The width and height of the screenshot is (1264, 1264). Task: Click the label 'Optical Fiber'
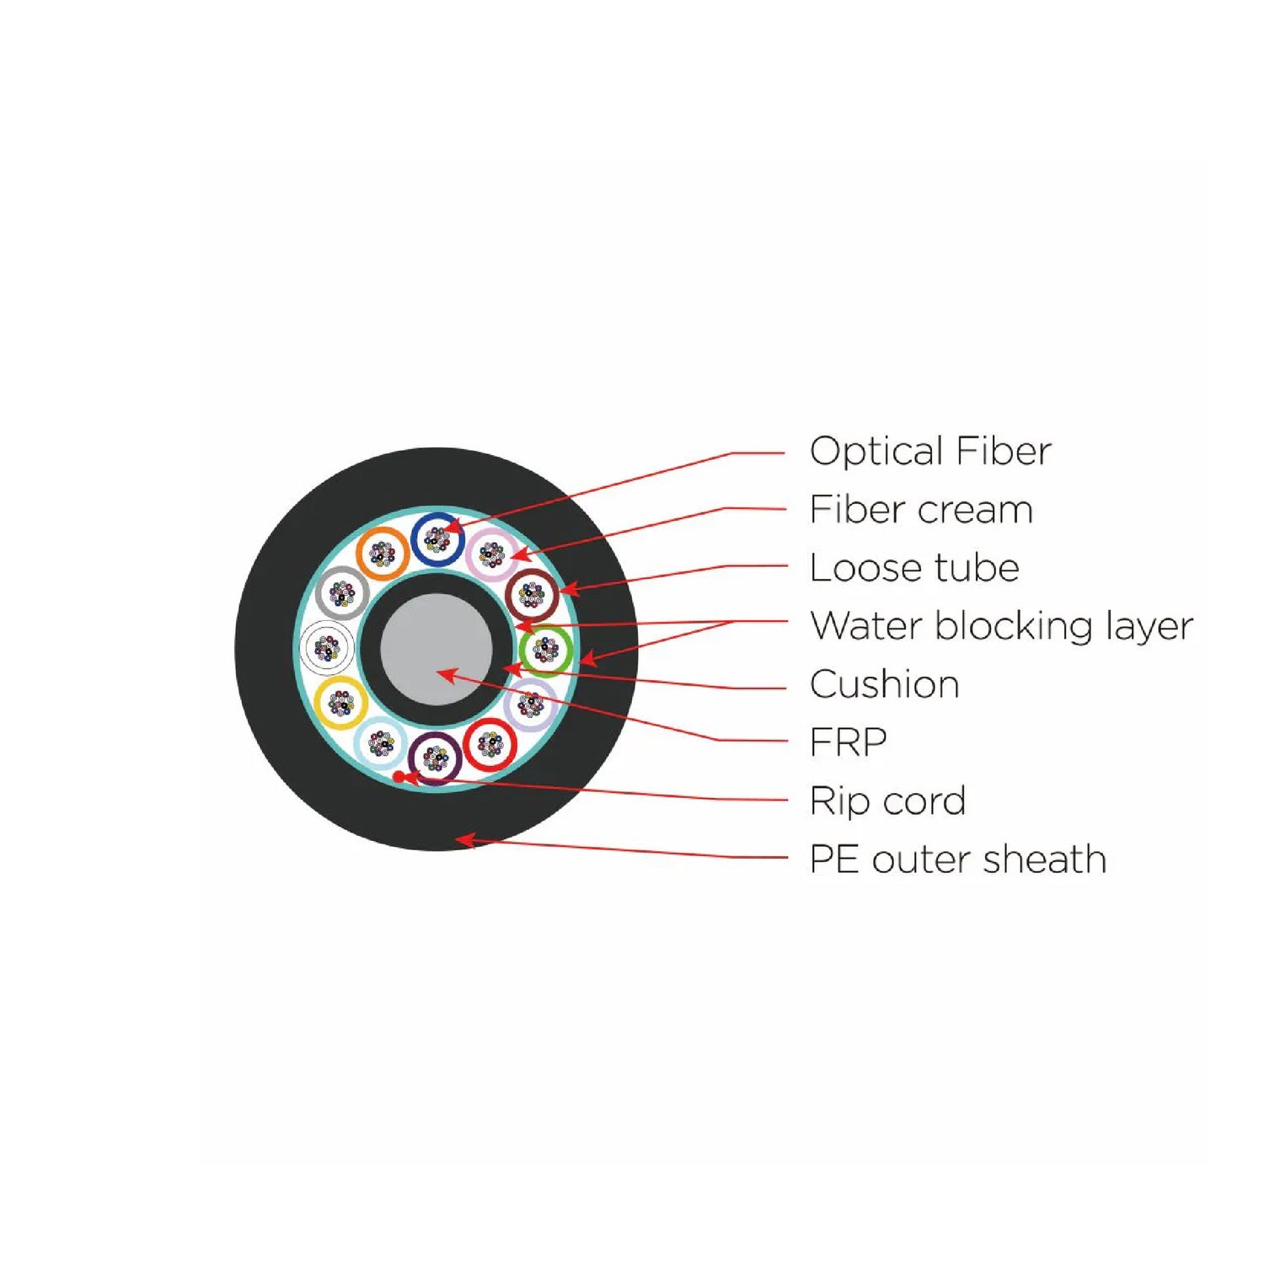tap(930, 452)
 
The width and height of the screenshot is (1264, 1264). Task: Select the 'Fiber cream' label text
tap(921, 510)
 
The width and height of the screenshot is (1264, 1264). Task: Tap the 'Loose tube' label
tap(914, 568)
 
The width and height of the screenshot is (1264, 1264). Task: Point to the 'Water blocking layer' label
tap(1001, 626)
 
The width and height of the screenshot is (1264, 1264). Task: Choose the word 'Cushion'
tap(884, 684)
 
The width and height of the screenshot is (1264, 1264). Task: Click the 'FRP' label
tap(848, 742)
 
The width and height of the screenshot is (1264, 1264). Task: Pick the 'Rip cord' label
tap(887, 801)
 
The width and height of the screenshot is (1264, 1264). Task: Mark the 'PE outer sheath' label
tap(957, 860)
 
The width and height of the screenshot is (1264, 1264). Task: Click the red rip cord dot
tap(399, 775)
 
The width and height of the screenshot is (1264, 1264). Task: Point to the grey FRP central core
tap(437, 650)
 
